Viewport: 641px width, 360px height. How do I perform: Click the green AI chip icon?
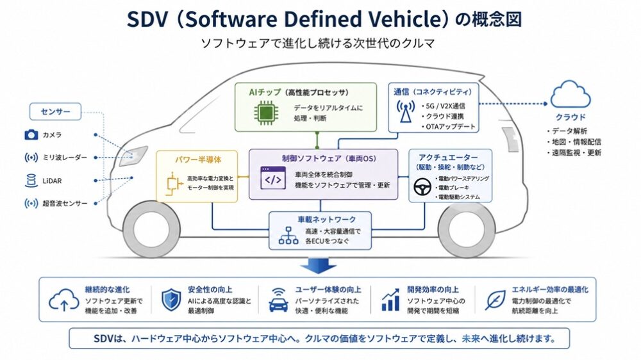[266, 112]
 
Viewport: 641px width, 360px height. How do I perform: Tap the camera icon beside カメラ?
[31, 135]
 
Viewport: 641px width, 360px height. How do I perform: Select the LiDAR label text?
[52, 181]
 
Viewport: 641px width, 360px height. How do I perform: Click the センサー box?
[56, 111]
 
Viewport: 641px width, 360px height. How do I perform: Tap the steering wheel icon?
[422, 187]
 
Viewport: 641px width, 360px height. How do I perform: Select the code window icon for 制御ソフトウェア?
[273, 177]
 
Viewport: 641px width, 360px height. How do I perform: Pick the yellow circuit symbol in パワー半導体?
[174, 184]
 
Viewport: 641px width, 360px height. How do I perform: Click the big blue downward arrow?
[319, 266]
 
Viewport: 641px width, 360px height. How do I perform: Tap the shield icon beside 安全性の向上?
[171, 300]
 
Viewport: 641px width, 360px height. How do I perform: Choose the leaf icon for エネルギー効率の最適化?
[495, 300]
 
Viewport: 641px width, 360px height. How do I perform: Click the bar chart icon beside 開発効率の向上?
[390, 300]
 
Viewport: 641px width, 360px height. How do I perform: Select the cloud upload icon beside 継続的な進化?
[63, 300]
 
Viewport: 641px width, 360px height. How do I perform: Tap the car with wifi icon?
[278, 300]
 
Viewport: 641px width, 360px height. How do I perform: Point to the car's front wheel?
[151, 229]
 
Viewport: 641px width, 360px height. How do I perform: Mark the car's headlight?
[133, 156]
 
